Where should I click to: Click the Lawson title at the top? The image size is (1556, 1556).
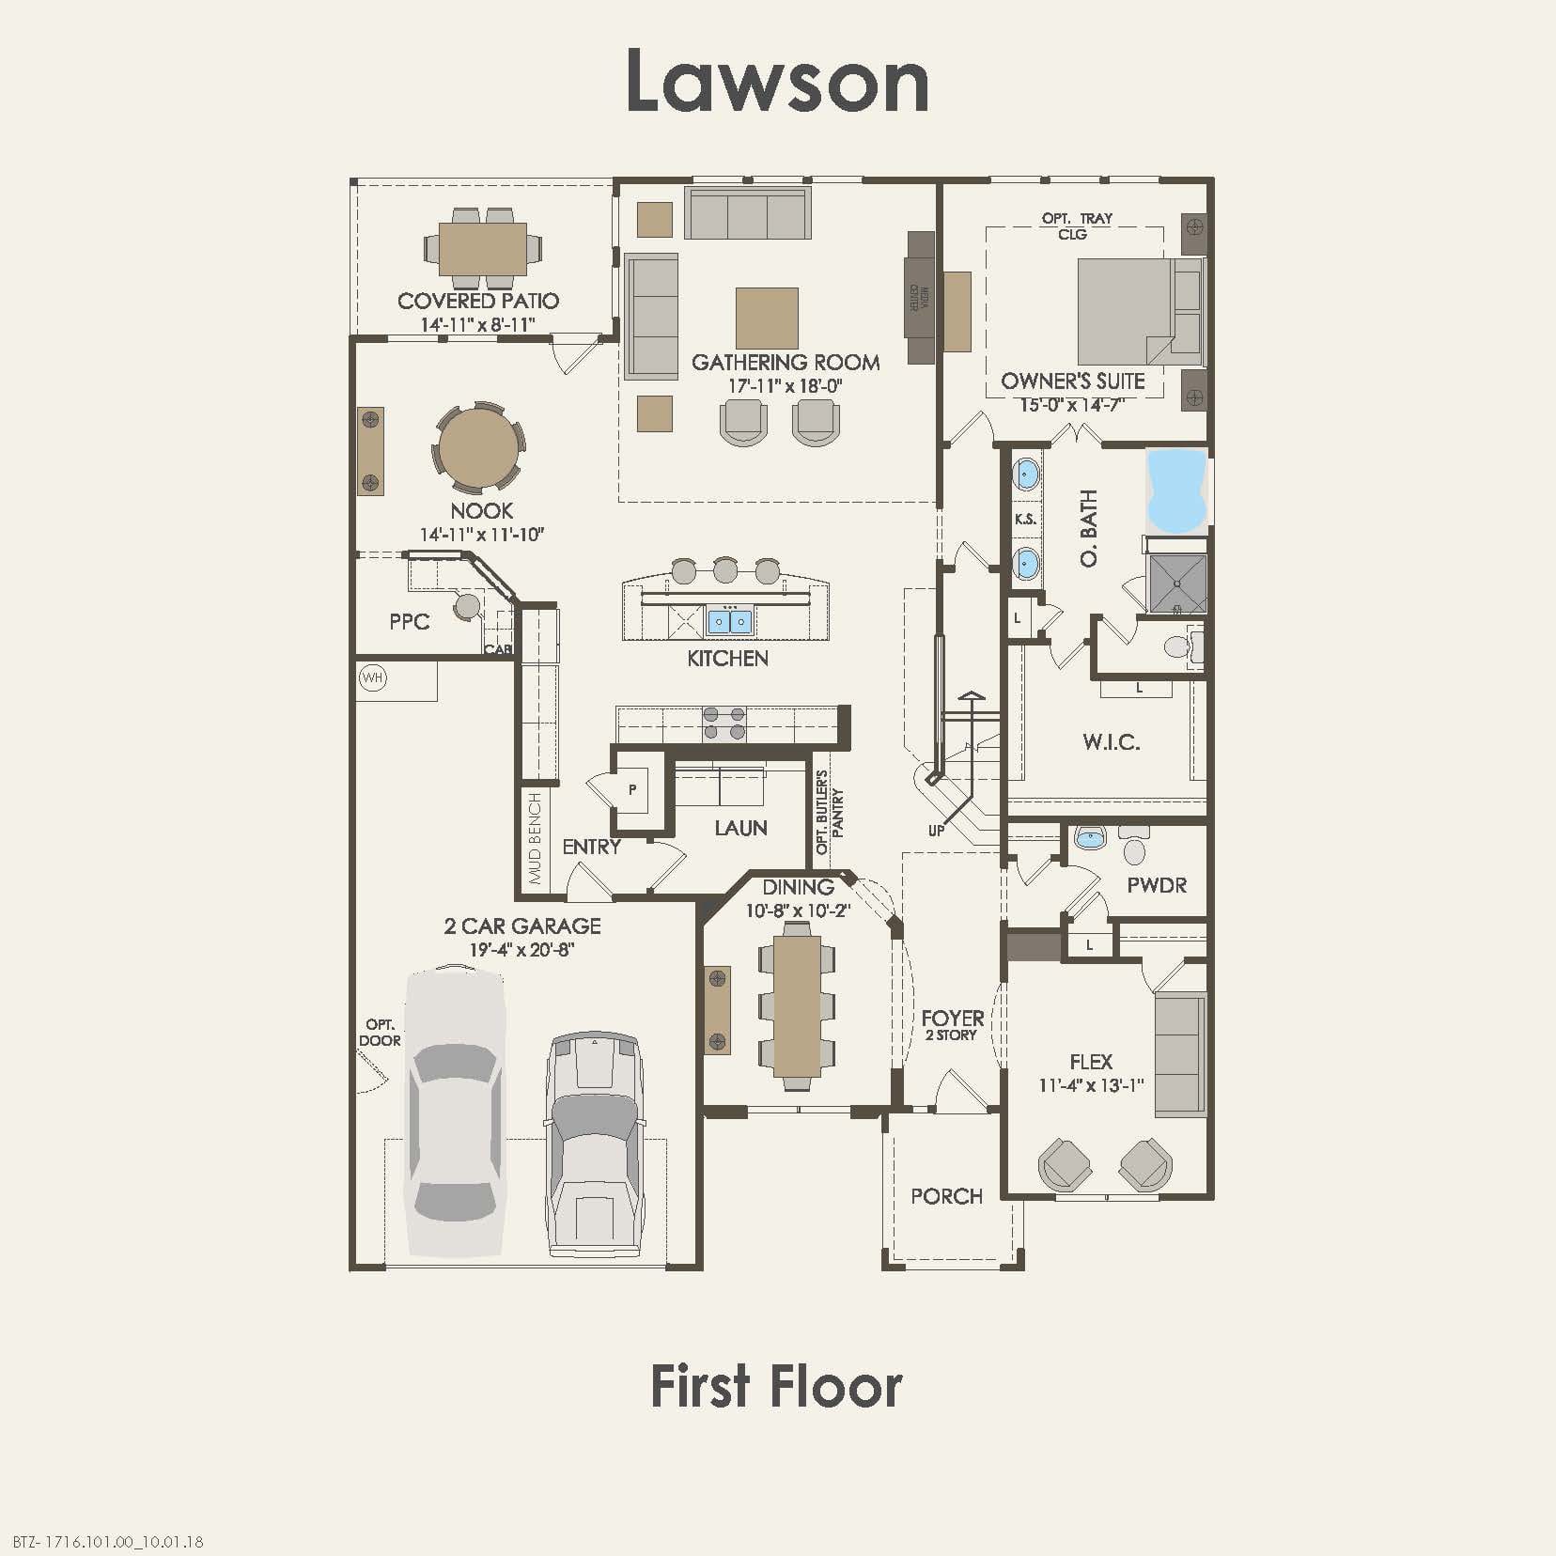777,81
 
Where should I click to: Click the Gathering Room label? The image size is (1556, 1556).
786,363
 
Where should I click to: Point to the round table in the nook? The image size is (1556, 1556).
478,448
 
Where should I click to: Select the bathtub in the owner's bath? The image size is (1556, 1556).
1175,490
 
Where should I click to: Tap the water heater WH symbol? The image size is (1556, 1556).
373,677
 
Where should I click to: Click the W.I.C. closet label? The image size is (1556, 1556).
1111,742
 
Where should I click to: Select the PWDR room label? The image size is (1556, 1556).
1157,885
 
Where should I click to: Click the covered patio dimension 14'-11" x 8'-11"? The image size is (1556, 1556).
478,325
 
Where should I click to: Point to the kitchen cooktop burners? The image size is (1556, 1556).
724,724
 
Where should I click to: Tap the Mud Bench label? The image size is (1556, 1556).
536,838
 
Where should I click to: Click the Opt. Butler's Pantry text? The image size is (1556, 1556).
829,813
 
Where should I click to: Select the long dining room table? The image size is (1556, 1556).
797,1004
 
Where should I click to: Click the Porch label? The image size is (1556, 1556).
946,1196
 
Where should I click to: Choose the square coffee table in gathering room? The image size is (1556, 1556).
767,319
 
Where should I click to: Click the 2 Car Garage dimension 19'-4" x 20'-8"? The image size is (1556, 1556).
521,950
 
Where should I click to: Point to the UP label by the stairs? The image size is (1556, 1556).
936,831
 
